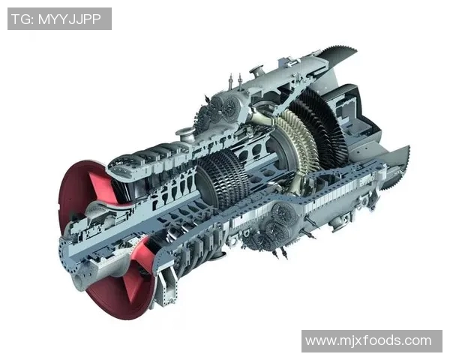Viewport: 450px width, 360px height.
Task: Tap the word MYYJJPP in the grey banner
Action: (70, 19)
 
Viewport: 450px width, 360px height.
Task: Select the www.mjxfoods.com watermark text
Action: (368, 340)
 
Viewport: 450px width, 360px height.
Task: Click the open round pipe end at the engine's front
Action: (78, 280)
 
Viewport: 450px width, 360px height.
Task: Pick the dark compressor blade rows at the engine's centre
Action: (223, 178)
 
